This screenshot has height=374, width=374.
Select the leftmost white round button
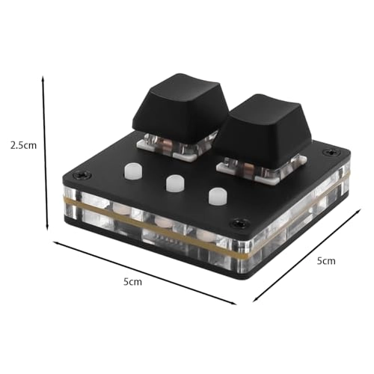(133, 171)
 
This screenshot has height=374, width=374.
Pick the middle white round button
(175, 184)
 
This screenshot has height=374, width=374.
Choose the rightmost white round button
(218, 197)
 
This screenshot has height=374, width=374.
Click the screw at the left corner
(82, 175)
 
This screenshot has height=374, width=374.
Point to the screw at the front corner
(239, 222)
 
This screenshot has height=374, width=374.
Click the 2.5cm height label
(23, 145)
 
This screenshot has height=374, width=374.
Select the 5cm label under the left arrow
(132, 282)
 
